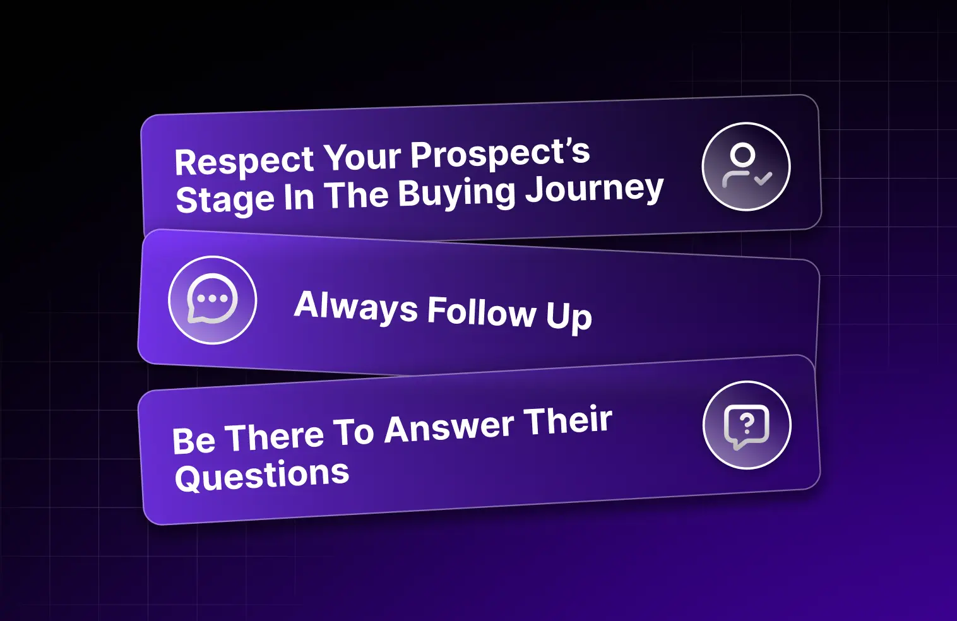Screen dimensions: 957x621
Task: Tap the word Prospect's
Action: [501, 153]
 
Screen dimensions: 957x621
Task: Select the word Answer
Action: [449, 427]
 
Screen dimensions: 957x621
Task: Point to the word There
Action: [274, 437]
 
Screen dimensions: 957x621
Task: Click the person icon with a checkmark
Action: [746, 167]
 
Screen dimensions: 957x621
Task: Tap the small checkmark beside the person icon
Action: [763, 178]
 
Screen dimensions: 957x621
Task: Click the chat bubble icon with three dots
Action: [212, 299]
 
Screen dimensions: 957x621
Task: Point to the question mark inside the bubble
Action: [747, 423]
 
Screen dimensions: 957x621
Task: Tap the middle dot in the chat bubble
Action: [213, 299]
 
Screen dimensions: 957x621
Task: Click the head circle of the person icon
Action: [742, 154]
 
